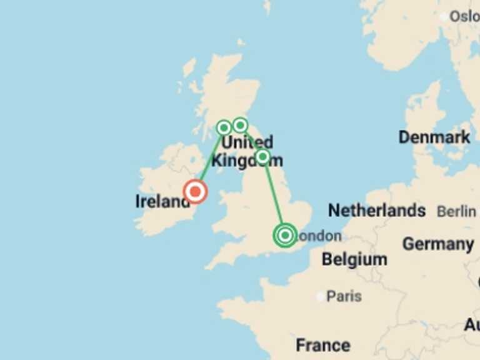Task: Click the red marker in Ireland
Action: click(196, 192)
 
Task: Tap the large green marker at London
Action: click(285, 236)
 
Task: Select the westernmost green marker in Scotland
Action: click(224, 128)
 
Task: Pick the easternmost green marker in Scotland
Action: click(240, 126)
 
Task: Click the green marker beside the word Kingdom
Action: click(262, 156)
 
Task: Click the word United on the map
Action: click(247, 142)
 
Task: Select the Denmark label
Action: click(434, 137)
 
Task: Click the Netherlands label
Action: click(377, 211)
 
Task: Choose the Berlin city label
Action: click(456, 212)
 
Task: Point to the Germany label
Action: click(437, 244)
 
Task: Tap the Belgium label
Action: click(354, 259)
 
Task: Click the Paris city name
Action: click(344, 296)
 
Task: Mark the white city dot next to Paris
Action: click(321, 297)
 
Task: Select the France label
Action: click(323, 344)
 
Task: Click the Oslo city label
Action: click(465, 17)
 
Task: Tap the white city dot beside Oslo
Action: click(445, 17)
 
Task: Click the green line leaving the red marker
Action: click(209, 161)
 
